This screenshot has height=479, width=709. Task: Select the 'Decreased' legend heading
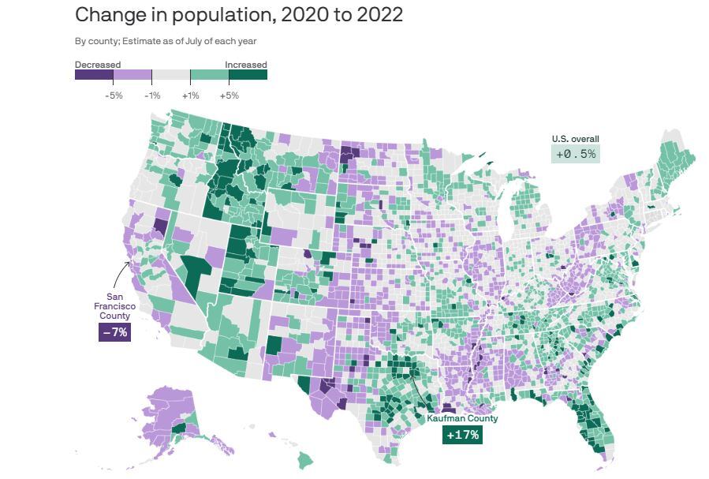point(98,65)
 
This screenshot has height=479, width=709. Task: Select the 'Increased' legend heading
point(245,65)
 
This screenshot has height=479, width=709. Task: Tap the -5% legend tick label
point(114,95)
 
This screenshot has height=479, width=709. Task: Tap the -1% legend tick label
point(152,95)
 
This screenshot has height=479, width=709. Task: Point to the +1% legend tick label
point(190,95)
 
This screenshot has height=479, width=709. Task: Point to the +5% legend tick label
point(229,95)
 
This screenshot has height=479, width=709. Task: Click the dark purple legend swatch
point(94,75)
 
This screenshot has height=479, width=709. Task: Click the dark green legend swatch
point(248,75)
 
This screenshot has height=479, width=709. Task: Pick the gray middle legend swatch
point(171,75)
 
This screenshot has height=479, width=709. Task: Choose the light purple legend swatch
point(132,75)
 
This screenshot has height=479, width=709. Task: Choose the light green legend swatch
point(210,75)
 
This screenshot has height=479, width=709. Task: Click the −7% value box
point(114,332)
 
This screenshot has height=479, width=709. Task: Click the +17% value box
point(462,435)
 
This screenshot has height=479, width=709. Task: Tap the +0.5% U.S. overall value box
point(576,154)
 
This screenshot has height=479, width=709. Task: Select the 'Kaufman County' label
point(462,419)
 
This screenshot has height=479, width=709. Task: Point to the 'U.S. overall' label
point(575,139)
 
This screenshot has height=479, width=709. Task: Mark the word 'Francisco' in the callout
point(114,306)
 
